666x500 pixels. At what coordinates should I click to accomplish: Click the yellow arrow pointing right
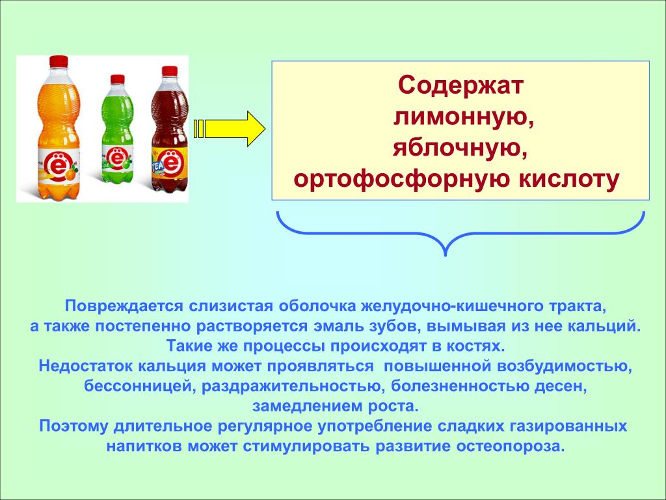(230, 129)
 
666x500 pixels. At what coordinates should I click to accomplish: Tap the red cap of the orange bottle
(59, 62)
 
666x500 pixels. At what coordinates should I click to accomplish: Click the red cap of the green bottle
(117, 79)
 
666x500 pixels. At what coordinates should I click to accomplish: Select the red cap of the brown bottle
(170, 71)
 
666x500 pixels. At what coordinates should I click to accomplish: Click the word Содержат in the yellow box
(460, 85)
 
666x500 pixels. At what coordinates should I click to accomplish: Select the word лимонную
(463, 117)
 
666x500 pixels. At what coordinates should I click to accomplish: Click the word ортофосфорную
(401, 180)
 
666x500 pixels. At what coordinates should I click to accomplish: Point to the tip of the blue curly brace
(445, 255)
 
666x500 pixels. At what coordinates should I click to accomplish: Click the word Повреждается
(124, 306)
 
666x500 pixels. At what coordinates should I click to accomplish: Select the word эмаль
(338, 326)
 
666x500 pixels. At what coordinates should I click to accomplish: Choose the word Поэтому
(73, 426)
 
